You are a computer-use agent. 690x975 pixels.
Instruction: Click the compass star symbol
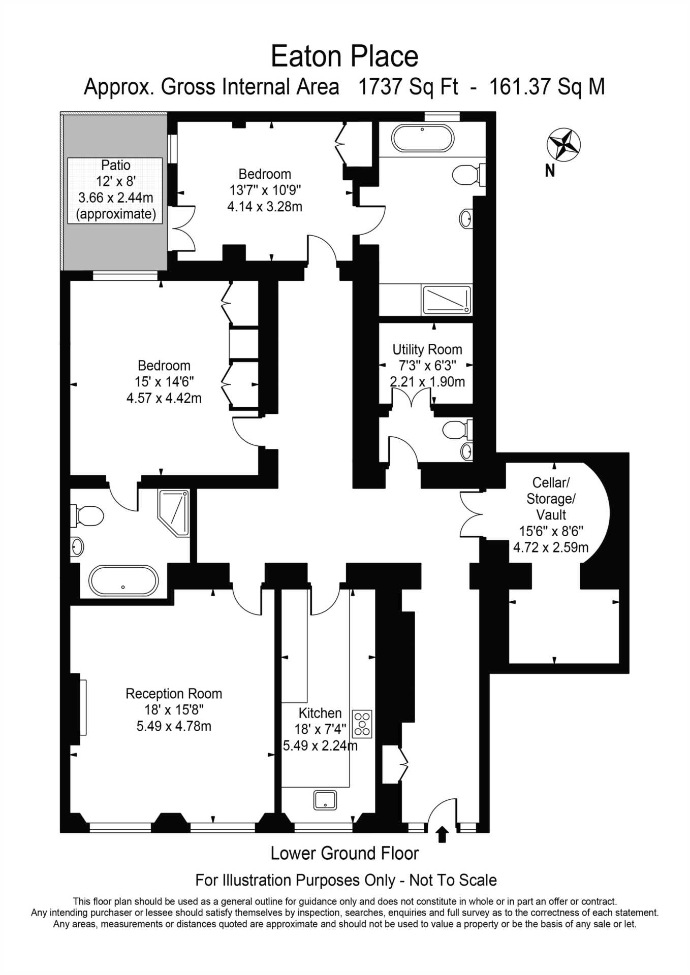tap(563, 145)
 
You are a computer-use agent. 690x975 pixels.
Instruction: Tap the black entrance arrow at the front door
tap(442, 834)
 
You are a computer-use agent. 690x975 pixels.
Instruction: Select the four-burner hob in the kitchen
tap(363, 724)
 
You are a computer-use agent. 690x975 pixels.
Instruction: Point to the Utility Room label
tap(427, 349)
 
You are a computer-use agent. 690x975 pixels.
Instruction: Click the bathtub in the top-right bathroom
tap(422, 138)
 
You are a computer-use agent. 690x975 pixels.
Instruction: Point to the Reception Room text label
tap(174, 694)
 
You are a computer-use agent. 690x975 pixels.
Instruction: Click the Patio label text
tap(116, 165)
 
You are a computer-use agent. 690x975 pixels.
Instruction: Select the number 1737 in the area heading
tap(380, 87)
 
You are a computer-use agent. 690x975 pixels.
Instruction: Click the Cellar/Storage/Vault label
tap(551, 499)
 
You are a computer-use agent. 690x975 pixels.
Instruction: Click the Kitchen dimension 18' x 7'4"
tap(320, 729)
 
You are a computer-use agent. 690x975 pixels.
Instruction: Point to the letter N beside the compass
tap(550, 171)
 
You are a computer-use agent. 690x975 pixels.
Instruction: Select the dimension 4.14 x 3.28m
tap(265, 207)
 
